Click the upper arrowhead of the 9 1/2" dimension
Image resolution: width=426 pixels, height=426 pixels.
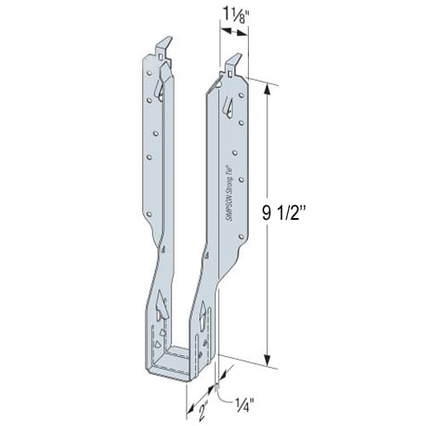(x=270, y=86)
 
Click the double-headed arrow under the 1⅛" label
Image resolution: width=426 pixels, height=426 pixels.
(x=235, y=32)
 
